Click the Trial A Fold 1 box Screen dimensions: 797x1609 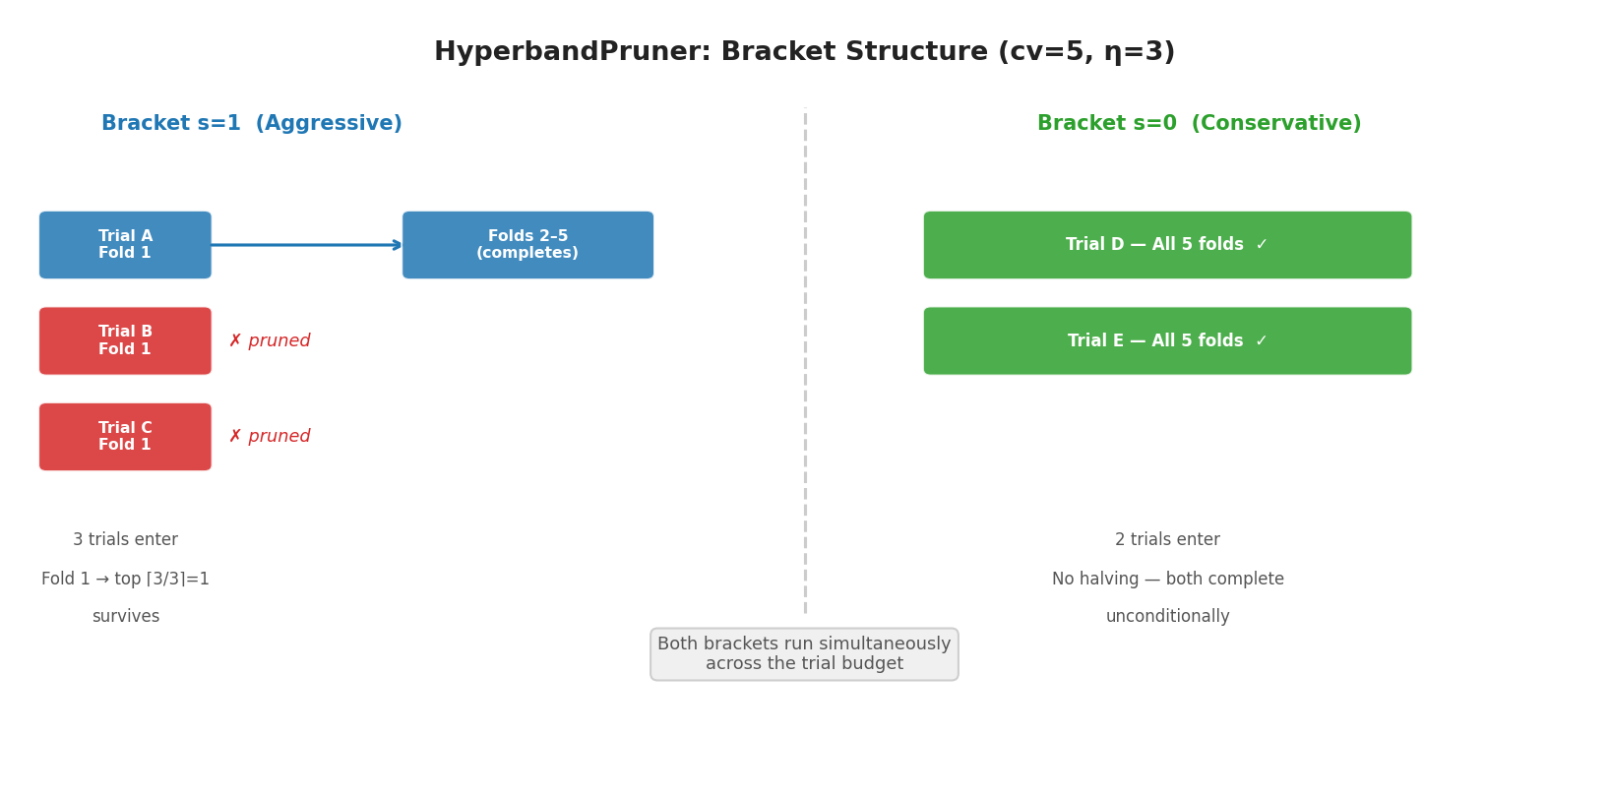125,245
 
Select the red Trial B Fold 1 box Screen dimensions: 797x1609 125,341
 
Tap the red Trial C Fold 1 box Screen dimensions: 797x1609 125,437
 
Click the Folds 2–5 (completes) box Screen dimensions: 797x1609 527,245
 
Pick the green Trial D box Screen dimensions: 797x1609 1167,245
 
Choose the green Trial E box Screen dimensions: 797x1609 1167,341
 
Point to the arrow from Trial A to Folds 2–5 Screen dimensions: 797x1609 305,245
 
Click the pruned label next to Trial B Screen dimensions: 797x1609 270,341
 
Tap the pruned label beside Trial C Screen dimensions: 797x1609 270,437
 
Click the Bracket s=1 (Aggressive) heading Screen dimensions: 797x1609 252,124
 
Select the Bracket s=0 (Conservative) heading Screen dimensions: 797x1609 1199,124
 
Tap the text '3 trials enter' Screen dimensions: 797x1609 125,540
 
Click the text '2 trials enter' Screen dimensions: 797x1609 1167,540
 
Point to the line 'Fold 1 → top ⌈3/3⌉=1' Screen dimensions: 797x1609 125,580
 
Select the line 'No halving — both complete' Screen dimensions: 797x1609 1167,580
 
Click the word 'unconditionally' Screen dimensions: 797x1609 1167,617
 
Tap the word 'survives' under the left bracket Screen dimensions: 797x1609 125,617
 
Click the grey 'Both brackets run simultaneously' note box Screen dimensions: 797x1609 804,654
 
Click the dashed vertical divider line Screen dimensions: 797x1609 805,394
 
